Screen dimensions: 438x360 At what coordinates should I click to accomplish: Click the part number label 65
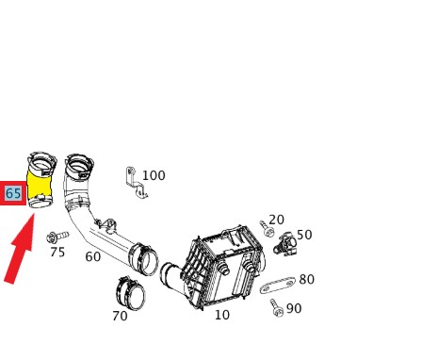[13, 193]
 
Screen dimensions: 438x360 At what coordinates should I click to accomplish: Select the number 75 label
[57, 252]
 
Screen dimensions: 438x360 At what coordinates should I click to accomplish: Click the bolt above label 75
[57, 237]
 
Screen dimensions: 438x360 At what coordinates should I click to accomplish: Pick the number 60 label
[93, 256]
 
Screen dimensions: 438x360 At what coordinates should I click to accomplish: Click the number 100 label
[154, 175]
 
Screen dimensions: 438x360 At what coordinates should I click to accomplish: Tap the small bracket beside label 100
[136, 182]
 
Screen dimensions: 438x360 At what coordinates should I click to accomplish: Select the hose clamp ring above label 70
[131, 293]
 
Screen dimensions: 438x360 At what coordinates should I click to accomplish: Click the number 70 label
[120, 316]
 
